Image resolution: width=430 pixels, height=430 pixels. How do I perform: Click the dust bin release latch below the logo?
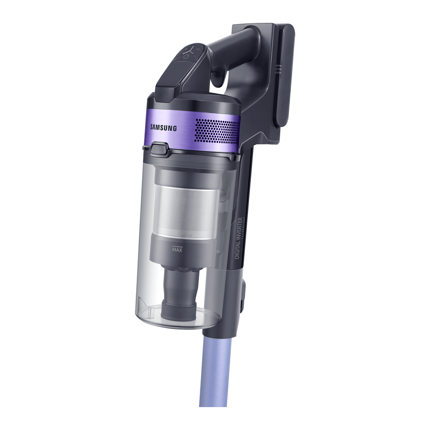coord(159,148)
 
